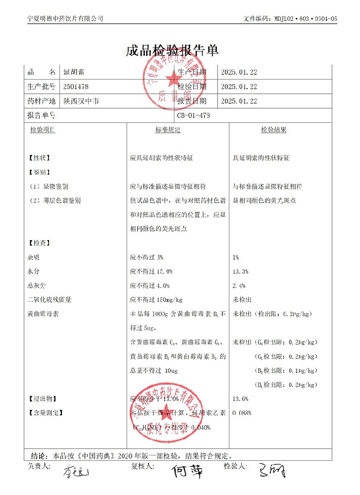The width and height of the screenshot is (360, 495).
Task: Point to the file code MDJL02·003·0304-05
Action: point(305,19)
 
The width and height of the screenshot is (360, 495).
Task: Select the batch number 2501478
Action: point(76,87)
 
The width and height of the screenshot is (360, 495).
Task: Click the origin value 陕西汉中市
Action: point(81,101)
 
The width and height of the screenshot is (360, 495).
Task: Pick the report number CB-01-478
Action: point(194,115)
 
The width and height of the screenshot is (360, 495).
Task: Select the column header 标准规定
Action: point(168,130)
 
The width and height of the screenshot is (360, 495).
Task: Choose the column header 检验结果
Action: point(274,130)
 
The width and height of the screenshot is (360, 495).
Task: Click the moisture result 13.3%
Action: point(240,272)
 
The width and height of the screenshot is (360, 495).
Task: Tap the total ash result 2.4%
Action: point(239,286)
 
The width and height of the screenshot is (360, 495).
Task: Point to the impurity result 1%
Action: point(236,257)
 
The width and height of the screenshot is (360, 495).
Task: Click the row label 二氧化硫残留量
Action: point(50,300)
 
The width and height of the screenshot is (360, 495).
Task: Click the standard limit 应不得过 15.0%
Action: point(151,272)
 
